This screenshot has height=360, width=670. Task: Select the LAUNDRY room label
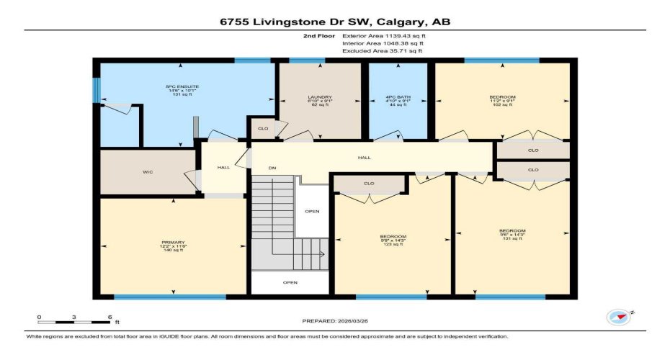coord(320,101)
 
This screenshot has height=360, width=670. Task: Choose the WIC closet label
coord(147,172)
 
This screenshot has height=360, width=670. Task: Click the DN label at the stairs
coord(272,168)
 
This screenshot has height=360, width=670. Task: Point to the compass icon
coord(617,317)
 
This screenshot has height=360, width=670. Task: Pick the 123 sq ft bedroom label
coord(393,240)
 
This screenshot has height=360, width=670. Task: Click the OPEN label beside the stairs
coord(312,211)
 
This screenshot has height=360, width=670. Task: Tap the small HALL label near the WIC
coord(223,168)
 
